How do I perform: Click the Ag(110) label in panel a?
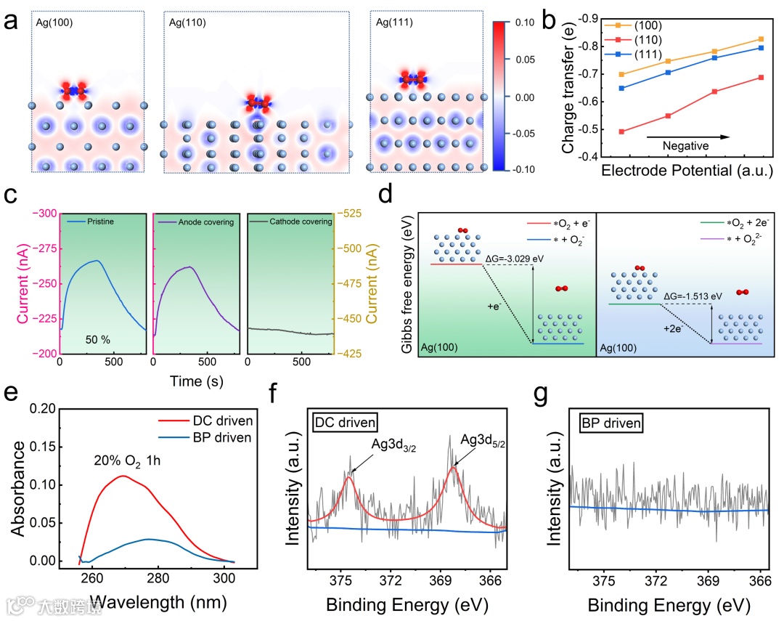187,23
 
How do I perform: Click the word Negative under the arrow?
685,146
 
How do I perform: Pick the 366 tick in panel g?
759,581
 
